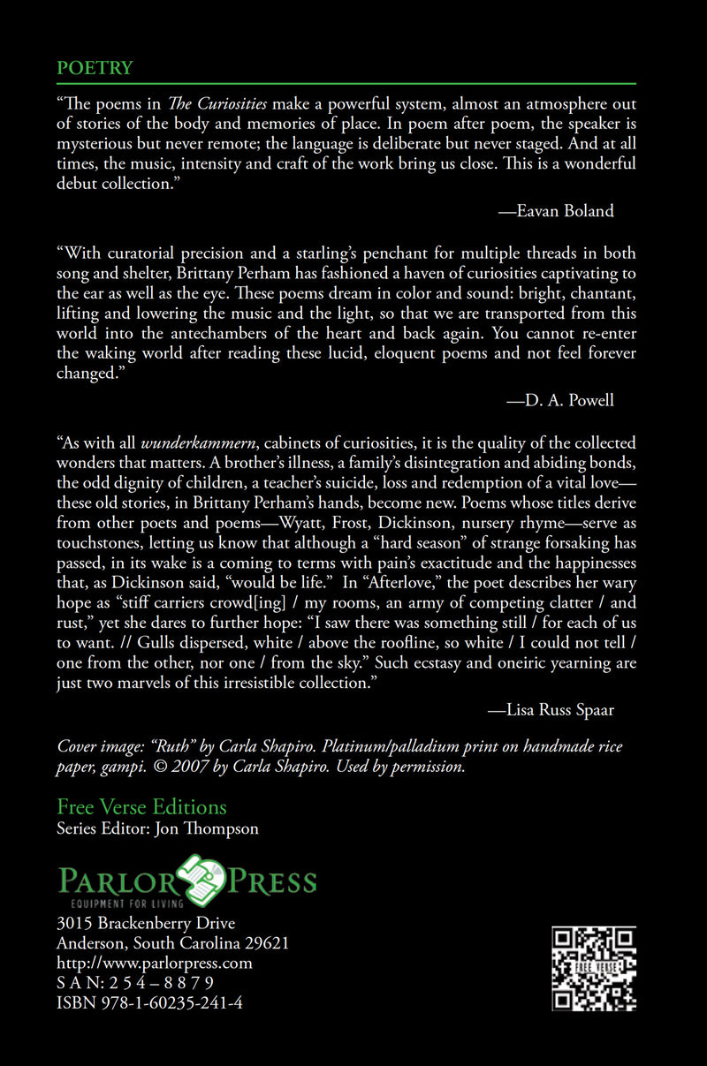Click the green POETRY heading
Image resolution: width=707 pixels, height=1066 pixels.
95,68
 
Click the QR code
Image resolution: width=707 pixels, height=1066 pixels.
594,968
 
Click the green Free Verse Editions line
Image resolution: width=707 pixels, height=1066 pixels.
141,806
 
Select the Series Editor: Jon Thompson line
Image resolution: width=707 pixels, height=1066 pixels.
157,828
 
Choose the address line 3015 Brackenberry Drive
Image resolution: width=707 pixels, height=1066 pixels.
146,924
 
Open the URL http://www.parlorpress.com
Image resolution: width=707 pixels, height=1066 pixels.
155,963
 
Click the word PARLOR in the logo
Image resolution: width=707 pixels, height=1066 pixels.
115,880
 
